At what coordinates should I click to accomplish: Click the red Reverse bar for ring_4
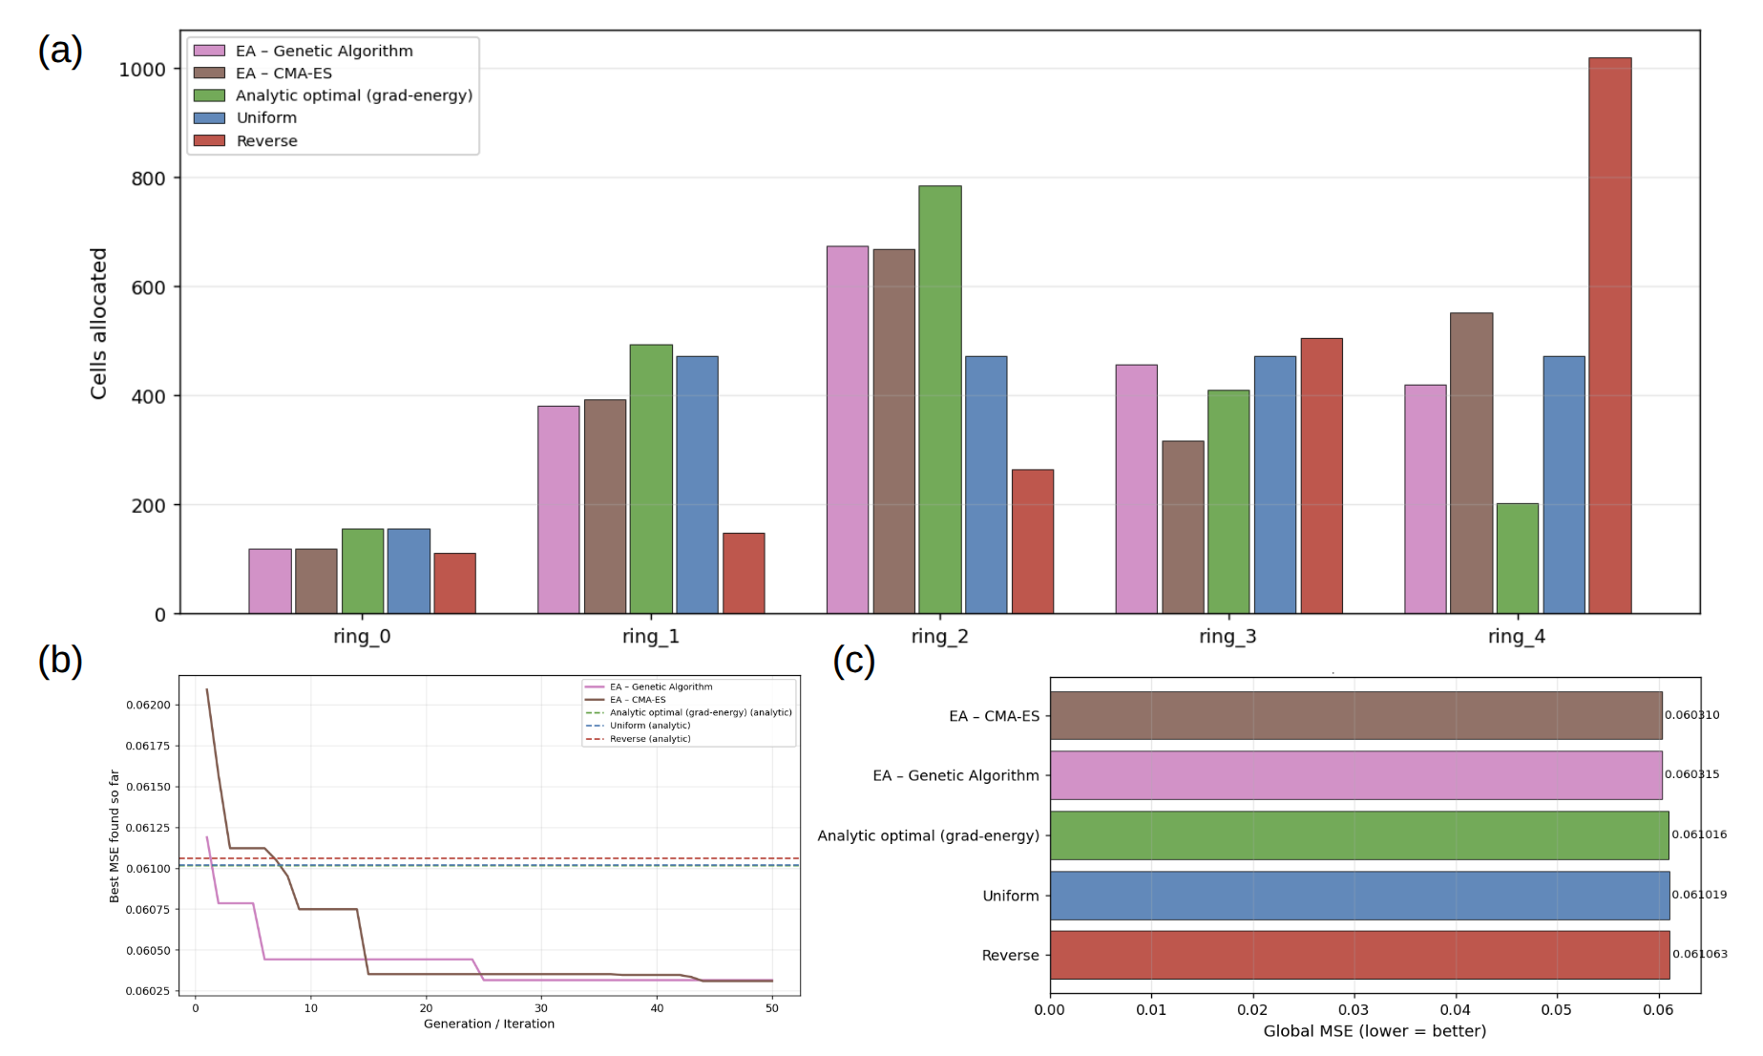tap(1609, 335)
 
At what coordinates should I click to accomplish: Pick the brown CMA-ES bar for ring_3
tap(1183, 527)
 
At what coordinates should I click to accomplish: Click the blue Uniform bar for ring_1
tap(697, 484)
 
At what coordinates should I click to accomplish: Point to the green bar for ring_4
tap(1517, 558)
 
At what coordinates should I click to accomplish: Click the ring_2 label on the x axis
tap(939, 637)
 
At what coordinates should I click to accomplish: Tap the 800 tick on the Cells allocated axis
tap(148, 179)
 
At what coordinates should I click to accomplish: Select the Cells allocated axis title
tap(98, 324)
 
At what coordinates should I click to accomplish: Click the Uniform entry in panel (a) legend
tap(266, 118)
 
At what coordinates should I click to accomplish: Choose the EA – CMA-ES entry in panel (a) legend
tap(283, 74)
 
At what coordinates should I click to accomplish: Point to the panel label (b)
tap(60, 661)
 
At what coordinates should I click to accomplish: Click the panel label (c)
tap(853, 661)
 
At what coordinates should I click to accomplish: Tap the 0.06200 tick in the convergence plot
tap(148, 706)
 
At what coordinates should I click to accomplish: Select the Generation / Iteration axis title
tap(489, 1024)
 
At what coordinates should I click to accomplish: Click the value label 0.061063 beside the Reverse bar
tap(1699, 954)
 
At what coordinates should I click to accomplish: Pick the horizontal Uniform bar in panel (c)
tap(1359, 896)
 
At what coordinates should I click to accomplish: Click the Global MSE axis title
tap(1375, 1031)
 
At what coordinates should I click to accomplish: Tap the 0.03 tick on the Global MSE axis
tap(1354, 1010)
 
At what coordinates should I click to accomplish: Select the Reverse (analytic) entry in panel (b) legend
tap(650, 739)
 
